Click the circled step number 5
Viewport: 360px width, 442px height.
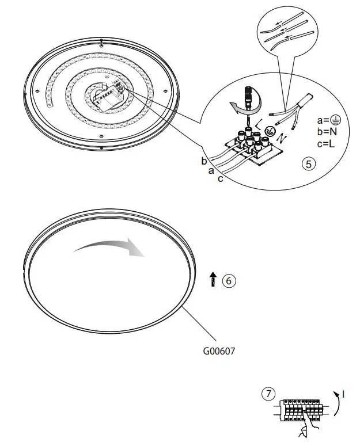click(309, 164)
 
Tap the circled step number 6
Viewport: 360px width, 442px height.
click(229, 281)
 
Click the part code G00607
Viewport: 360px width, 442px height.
click(219, 349)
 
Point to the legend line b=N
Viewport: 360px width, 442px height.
click(328, 132)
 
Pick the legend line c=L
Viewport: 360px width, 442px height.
click(328, 143)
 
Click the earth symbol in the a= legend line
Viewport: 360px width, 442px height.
click(337, 120)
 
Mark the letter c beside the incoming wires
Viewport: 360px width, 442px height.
click(220, 179)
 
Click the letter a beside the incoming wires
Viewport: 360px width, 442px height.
click(211, 170)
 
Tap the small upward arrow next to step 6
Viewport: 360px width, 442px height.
click(213, 280)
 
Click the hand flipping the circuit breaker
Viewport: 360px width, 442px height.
click(302, 429)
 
